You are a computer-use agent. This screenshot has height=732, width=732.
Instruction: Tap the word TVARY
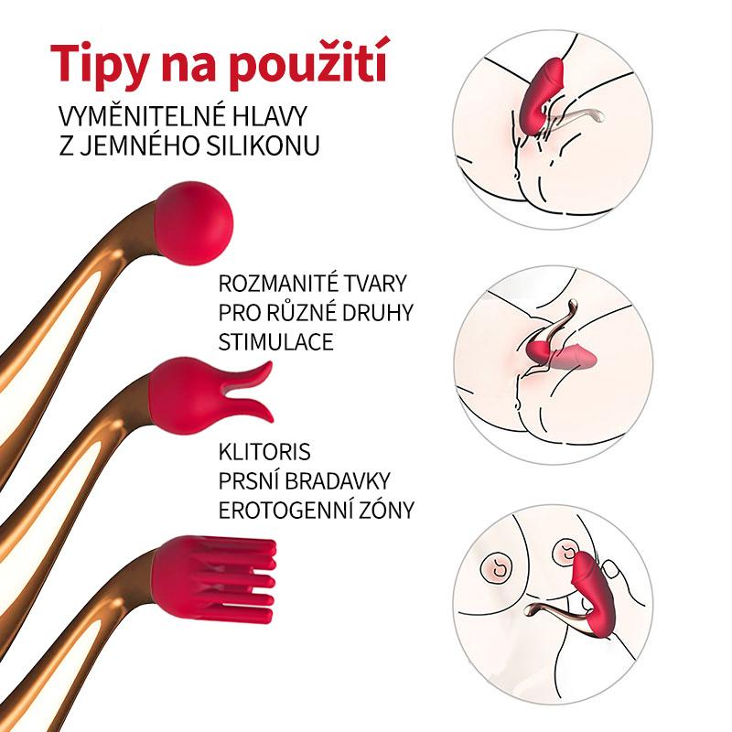pos(376,284)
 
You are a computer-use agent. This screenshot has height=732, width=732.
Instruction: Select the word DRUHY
pos(378,312)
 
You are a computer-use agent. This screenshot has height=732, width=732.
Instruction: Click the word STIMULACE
pos(276,341)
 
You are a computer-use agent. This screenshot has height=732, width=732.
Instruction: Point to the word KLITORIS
pos(264,452)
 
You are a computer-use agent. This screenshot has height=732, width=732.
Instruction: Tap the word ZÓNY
pos(385,511)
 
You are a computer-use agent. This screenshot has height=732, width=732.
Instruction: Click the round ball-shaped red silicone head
pos(194,223)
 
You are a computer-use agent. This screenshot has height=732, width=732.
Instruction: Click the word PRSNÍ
pos(249,481)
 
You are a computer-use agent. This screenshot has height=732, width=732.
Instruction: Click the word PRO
pos(240,312)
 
